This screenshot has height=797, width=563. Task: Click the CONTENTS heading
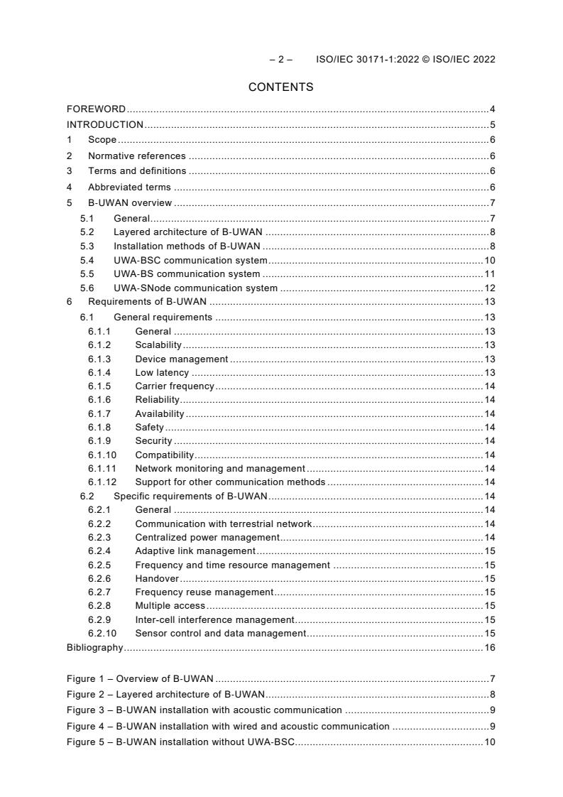280,87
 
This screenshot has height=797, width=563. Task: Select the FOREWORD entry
96,109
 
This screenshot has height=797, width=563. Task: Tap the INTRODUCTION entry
104,125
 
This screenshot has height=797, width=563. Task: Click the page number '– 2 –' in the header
280,60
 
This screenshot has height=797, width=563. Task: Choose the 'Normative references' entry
136,156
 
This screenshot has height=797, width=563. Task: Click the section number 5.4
87,261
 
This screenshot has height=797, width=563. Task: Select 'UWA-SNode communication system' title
195,288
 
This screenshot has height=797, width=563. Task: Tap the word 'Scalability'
158,345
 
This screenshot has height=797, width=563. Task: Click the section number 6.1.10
102,455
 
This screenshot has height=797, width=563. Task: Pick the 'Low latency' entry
162,372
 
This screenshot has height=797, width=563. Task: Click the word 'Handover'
157,578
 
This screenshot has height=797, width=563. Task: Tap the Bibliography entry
94,648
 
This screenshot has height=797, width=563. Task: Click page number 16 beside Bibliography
490,648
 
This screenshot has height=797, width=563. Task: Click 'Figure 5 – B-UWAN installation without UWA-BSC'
180,742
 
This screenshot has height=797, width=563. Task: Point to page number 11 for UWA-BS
490,274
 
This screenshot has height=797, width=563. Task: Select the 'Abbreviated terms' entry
129,188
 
